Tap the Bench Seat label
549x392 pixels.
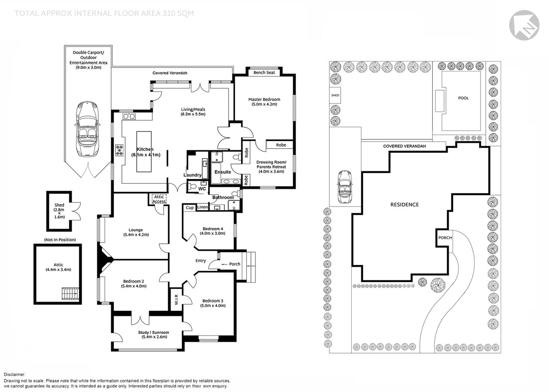[264, 73]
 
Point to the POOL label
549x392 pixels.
[463, 98]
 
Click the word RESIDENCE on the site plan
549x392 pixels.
[404, 205]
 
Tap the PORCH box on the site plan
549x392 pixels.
[445, 238]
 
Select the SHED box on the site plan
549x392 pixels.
[335, 96]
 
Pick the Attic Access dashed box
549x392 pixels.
[159, 199]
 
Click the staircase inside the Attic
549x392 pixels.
[69, 294]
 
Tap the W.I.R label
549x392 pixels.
[176, 300]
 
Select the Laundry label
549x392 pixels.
[192, 175]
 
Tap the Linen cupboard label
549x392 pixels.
[202, 207]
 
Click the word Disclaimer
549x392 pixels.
[15, 374]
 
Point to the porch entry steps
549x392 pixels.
[250, 267]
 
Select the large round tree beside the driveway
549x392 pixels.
[437, 285]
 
